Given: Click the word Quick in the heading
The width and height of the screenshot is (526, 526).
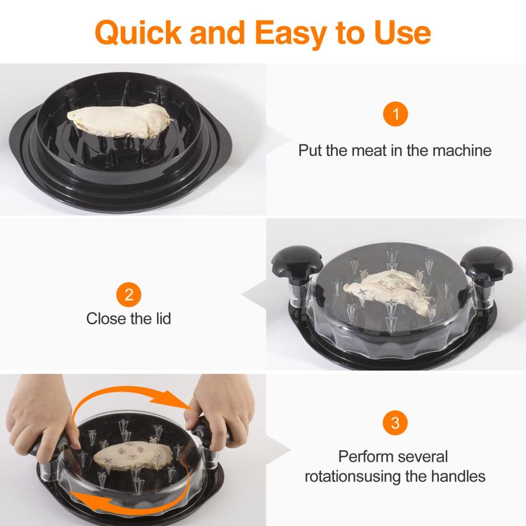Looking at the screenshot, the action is pos(138,33).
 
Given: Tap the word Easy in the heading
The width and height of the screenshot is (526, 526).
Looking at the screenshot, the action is pos(291,34).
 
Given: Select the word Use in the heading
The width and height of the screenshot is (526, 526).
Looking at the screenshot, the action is pos(402,33).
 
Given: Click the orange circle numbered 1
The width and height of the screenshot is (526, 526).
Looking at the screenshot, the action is pos(396,114).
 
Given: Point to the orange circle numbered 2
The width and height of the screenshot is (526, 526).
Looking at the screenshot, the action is pos(129,295).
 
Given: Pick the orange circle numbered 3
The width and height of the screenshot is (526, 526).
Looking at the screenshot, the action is pos(395,423).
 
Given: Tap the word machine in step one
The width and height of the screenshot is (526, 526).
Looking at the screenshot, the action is pos(462,150).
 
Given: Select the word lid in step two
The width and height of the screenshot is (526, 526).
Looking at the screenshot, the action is pos(164,319).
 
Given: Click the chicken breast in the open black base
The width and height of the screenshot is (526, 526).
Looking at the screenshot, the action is pos(119,120).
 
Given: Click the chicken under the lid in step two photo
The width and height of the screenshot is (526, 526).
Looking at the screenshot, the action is pos(390,290).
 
